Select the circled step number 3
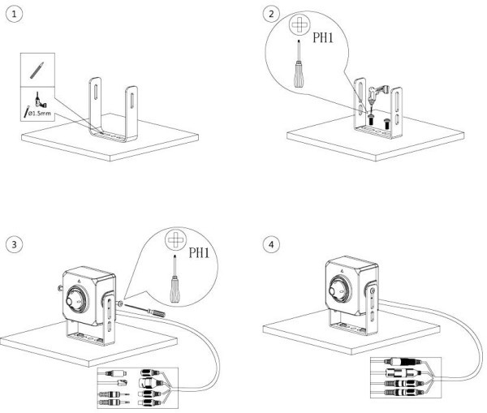pos(11,243)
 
